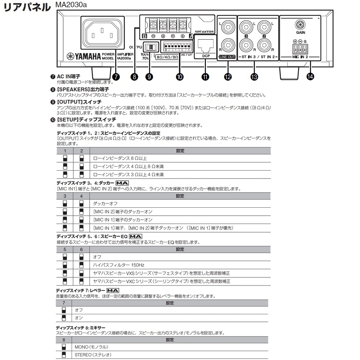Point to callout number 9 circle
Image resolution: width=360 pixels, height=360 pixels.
(149, 76)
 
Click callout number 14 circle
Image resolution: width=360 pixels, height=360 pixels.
(310, 76)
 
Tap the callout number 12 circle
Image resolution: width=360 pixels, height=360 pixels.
(227, 76)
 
